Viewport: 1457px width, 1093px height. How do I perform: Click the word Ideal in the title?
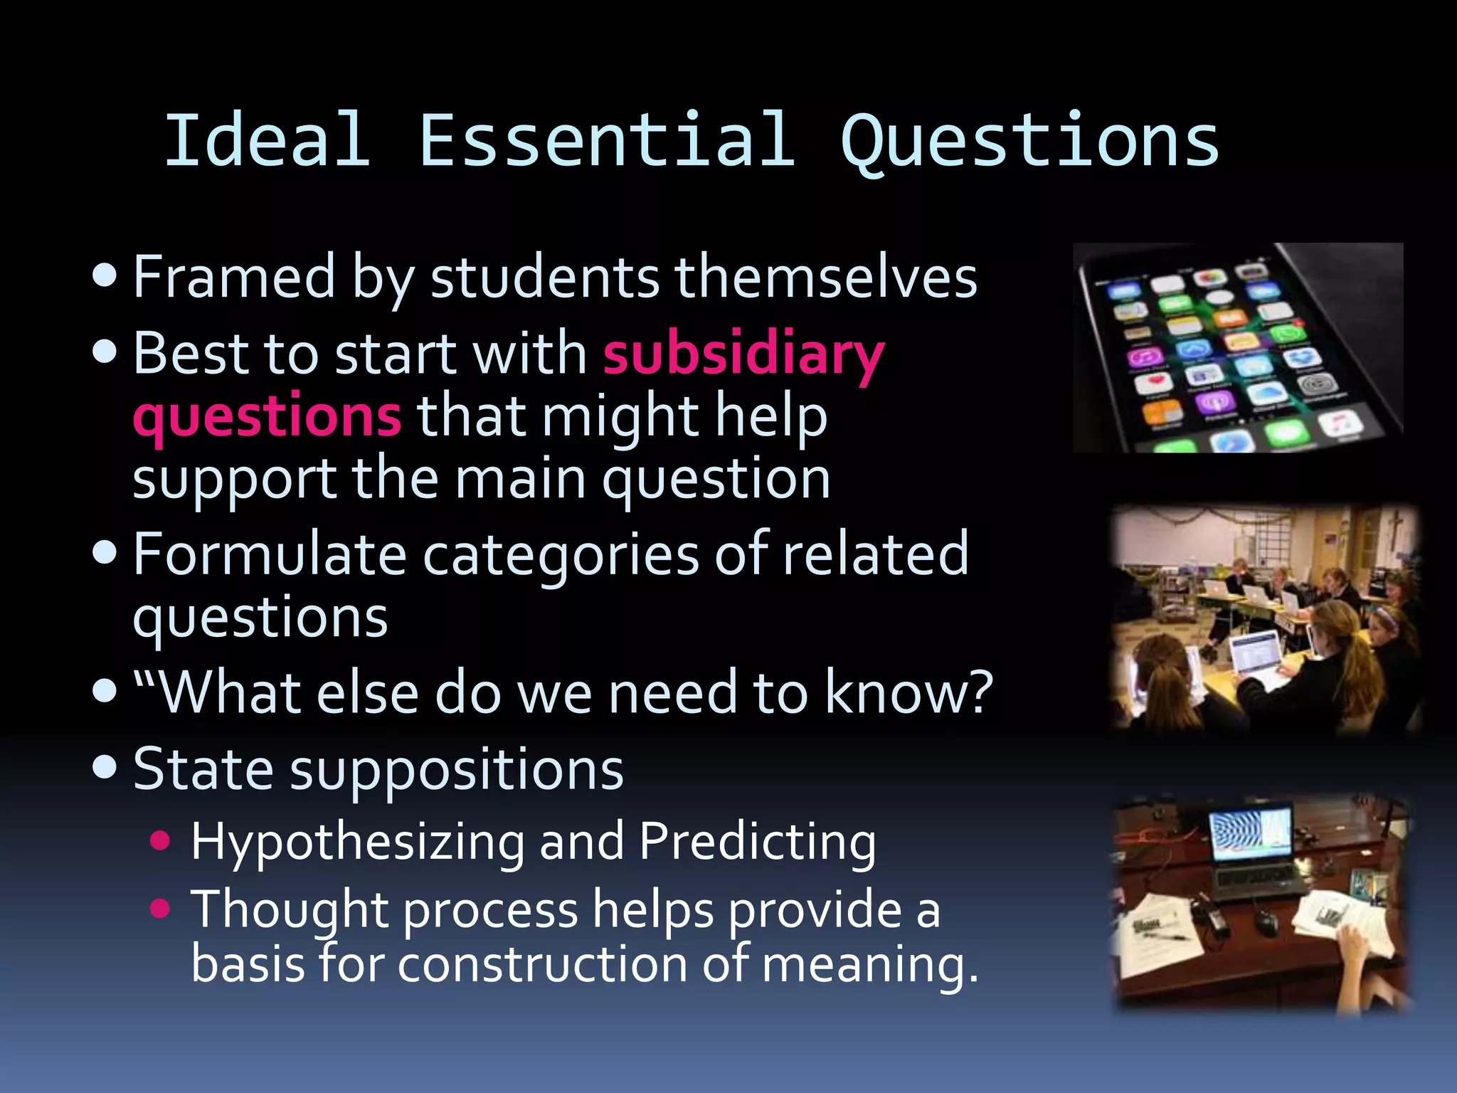pyautogui.click(x=267, y=140)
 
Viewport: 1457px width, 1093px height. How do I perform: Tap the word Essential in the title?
pyautogui.click(x=607, y=140)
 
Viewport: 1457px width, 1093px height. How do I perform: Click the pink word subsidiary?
pyautogui.click(x=743, y=354)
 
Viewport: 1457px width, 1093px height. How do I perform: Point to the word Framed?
pyautogui.click(x=234, y=276)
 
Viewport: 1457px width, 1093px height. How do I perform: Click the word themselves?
pyautogui.click(x=826, y=278)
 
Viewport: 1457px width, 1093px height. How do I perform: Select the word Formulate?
pyautogui.click(x=270, y=554)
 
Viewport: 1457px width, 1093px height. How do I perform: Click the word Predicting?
pyautogui.click(x=757, y=842)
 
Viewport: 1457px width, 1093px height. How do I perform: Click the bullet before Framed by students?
pyautogui.click(x=105, y=276)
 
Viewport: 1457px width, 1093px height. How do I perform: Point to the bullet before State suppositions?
pyautogui.click(x=105, y=767)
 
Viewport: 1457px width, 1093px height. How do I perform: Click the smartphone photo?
pyautogui.click(x=1237, y=347)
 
